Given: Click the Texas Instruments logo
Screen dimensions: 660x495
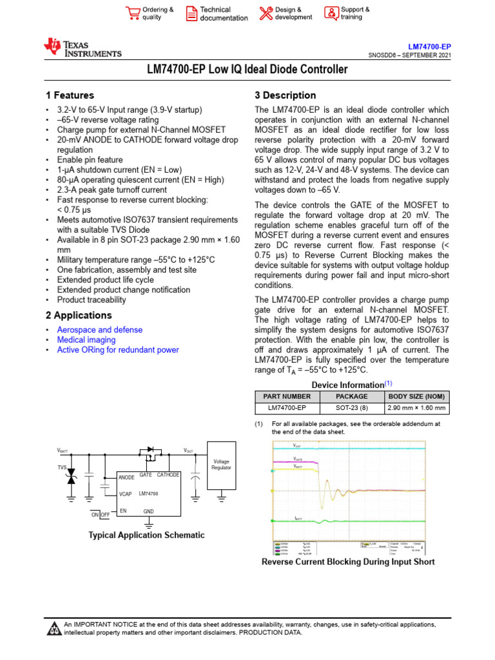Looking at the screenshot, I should tap(82, 48).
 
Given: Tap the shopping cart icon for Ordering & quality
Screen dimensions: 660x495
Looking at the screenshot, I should tap(133, 14).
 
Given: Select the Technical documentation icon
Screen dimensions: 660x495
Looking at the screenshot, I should tap(191, 14).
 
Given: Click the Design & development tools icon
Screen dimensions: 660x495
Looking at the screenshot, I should tap(266, 14).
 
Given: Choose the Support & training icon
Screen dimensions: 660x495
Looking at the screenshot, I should tap(331, 14).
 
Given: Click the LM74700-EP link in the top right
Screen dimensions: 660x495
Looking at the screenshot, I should tap(430, 47).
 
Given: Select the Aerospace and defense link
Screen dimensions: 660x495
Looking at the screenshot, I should tap(100, 329).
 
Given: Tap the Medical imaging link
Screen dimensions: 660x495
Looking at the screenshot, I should tap(86, 340).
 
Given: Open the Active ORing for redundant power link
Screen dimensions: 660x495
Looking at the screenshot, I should tap(118, 350).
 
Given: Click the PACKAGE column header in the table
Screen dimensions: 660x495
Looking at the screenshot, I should tap(351, 396).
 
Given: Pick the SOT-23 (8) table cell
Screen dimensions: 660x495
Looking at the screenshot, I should tap(351, 408).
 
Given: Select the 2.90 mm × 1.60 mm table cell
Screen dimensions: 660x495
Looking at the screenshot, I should tap(416, 408).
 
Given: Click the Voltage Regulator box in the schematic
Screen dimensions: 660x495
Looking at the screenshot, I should tap(221, 465).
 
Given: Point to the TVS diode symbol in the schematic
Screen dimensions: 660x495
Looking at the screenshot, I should tap(71, 476).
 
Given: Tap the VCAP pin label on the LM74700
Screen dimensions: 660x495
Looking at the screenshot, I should tap(126, 494).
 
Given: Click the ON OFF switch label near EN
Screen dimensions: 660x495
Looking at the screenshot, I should tap(100, 514).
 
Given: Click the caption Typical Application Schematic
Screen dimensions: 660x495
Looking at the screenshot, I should tap(146, 535).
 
